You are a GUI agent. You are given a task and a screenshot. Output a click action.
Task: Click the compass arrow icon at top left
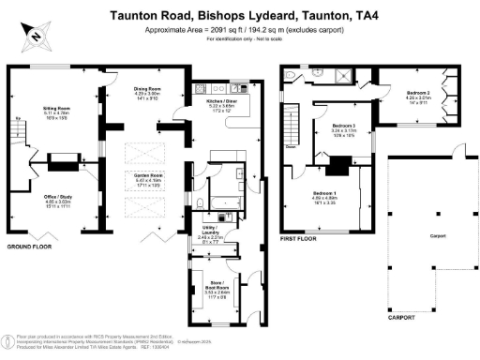pos(33,37)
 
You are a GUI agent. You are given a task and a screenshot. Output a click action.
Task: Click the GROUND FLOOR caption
pos(28,247)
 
